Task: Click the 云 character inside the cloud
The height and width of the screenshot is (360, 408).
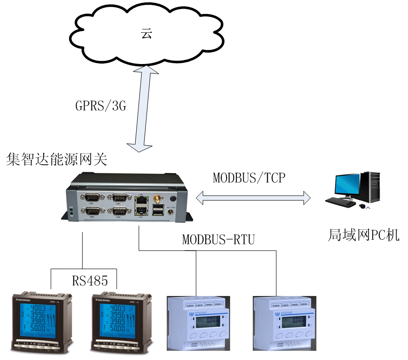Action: click(146, 34)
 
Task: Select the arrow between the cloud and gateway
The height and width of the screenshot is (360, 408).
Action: click(144, 109)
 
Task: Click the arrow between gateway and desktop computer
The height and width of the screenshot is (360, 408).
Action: click(253, 197)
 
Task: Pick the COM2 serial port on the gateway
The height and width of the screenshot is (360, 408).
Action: click(119, 197)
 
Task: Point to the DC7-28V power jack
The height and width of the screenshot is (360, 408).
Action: click(172, 212)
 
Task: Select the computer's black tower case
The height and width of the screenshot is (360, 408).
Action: click(373, 187)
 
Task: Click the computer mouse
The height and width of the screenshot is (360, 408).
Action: click(362, 206)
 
